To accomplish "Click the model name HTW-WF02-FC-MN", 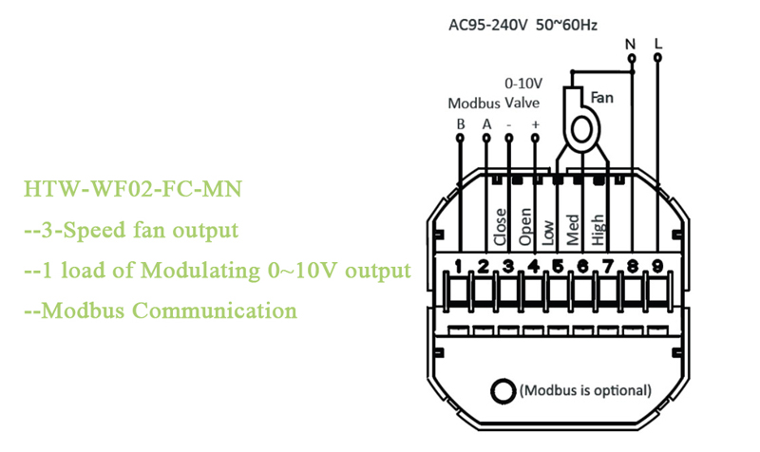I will click(x=132, y=190).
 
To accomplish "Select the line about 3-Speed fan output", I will click(x=130, y=231).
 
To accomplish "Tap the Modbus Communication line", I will click(x=160, y=311).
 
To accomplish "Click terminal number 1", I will click(x=459, y=267).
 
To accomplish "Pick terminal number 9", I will click(x=657, y=267).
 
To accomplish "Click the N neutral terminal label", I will click(x=630, y=44).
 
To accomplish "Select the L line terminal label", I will click(x=658, y=44).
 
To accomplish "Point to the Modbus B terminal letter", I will click(x=460, y=123).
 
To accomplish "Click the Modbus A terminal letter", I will click(x=486, y=123).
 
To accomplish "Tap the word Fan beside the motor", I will click(x=602, y=97).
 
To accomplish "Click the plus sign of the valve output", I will click(x=535, y=123).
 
